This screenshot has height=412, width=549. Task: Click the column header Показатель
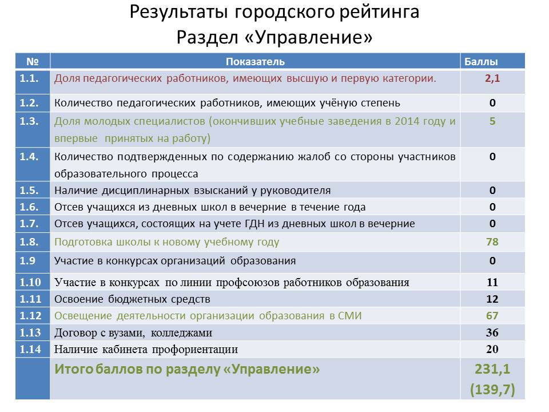255,62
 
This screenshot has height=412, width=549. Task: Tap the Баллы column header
481,62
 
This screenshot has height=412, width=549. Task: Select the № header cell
33,62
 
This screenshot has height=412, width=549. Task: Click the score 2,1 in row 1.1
492,78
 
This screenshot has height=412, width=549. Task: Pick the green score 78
492,241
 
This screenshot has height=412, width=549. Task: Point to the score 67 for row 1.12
492,316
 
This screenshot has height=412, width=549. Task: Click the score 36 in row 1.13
492,332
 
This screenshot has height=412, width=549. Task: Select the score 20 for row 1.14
492,349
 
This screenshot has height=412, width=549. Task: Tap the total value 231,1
492,369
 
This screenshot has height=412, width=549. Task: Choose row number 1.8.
29,241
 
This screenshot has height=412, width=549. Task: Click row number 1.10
30,282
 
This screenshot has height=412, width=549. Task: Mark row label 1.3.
29,121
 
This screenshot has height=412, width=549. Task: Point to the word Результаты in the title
178,12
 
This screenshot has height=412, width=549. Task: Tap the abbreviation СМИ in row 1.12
350,316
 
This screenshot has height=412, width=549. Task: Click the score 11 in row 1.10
492,282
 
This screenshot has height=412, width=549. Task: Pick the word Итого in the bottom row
74,369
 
